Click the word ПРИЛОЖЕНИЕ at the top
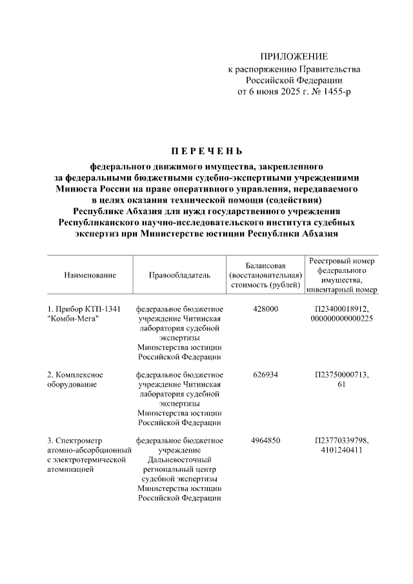click(x=294, y=57)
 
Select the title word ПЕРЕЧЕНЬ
click(x=206, y=152)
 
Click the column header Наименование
click(x=90, y=275)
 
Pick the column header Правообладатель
click(x=179, y=275)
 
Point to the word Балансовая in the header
click(x=265, y=265)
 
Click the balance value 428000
click(x=265, y=310)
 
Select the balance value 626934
click(x=265, y=375)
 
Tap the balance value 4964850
click(x=265, y=440)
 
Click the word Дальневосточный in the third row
click(x=179, y=459)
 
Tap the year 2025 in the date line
click(x=295, y=92)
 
